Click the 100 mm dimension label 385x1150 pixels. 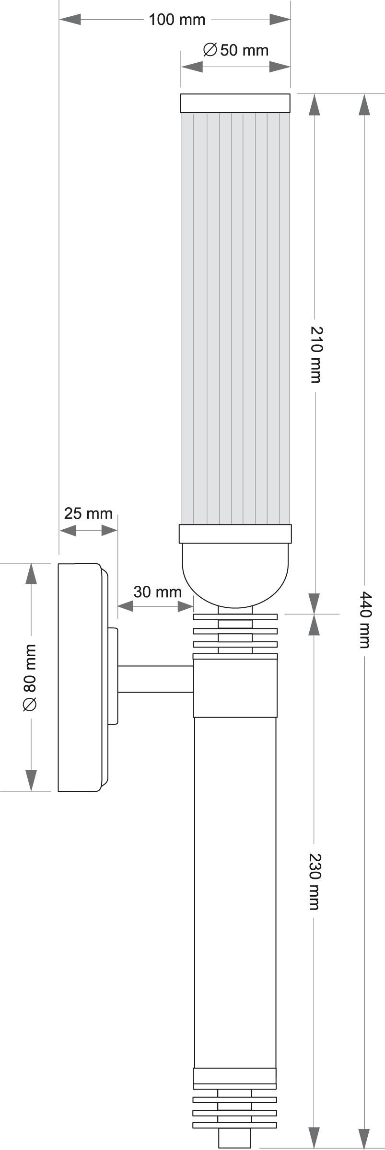point(177,20)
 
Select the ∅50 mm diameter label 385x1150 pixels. point(235,50)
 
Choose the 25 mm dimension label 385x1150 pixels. point(88,513)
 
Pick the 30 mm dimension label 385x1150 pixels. point(157,592)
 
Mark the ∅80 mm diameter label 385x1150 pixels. point(30,677)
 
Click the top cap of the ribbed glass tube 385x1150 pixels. point(235,103)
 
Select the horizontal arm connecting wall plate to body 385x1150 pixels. point(155,679)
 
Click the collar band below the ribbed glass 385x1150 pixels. point(235,534)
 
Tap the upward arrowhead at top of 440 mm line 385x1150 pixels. point(364,104)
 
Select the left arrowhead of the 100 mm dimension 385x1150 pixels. point(70,20)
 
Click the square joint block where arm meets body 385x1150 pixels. point(235,688)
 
